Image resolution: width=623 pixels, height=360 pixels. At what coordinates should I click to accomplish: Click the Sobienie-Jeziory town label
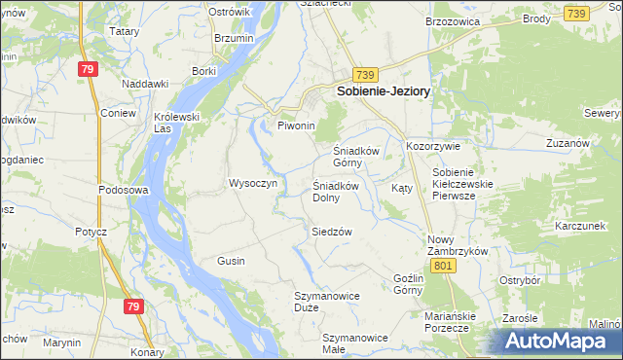pyautogui.click(x=385, y=90)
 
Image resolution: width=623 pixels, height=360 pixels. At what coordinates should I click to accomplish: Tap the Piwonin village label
pyautogui.click(x=297, y=126)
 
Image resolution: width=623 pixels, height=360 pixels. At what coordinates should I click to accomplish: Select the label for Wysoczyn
pyautogui.click(x=253, y=183)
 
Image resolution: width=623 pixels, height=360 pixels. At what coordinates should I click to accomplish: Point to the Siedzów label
pyautogui.click(x=331, y=232)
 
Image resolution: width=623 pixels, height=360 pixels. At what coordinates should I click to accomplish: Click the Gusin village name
pyautogui.click(x=231, y=262)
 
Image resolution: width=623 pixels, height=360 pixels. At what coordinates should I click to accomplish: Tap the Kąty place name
pyautogui.click(x=401, y=188)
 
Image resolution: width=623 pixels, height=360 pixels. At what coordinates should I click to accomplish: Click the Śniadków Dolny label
pyautogui.click(x=339, y=192)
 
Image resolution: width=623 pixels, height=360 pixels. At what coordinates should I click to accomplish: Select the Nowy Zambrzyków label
pyautogui.click(x=457, y=244)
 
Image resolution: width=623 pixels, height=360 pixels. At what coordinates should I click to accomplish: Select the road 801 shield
pyautogui.click(x=444, y=266)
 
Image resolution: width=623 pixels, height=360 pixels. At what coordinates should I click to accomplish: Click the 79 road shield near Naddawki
pyautogui.click(x=89, y=69)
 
